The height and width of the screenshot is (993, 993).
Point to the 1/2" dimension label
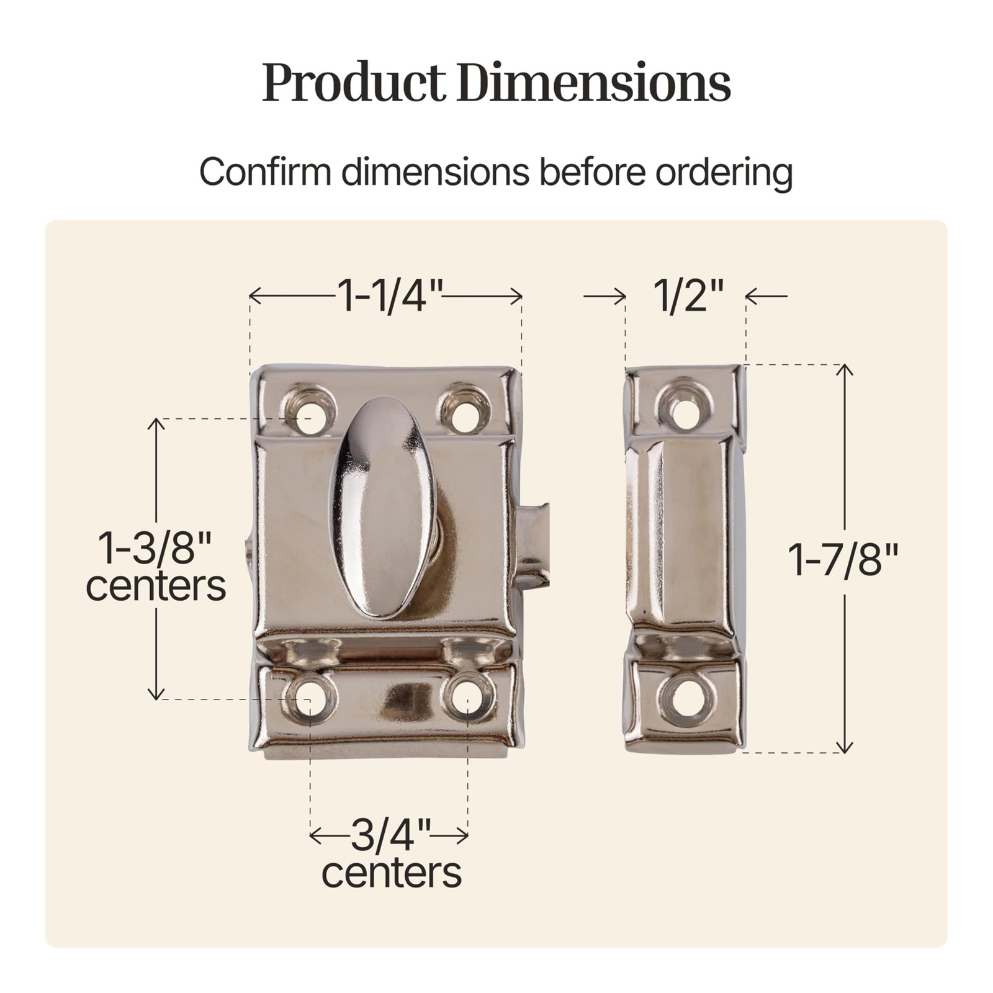pos(688,295)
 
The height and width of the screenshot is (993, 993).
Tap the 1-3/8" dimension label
pos(156,547)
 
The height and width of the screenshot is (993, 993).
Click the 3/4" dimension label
pos(390,836)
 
